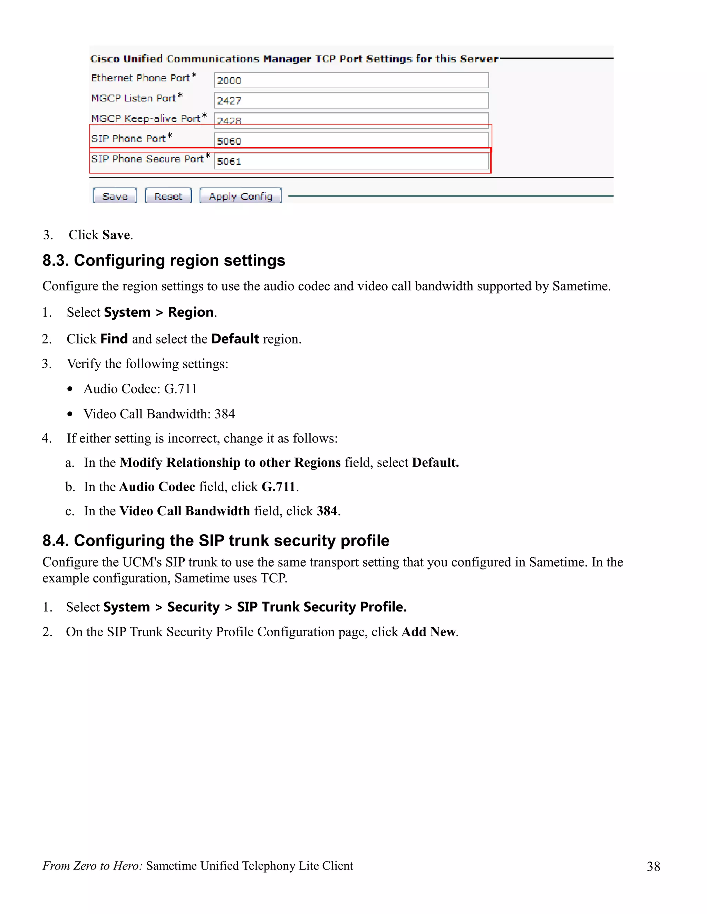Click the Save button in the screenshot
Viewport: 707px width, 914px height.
pyautogui.click(x=115, y=196)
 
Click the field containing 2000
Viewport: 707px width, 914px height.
pyautogui.click(x=351, y=80)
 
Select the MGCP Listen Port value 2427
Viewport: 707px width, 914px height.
pyautogui.click(x=351, y=100)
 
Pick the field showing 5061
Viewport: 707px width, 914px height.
pyautogui.click(x=351, y=161)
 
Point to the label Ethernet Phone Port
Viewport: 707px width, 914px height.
pyautogui.click(x=141, y=78)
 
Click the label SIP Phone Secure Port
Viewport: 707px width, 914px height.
pyautogui.click(x=147, y=159)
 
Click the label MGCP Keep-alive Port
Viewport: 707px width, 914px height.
pyautogui.click(x=146, y=118)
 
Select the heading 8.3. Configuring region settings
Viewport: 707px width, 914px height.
pyautogui.click(x=164, y=261)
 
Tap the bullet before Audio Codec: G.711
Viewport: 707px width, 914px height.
pyautogui.click(x=70, y=389)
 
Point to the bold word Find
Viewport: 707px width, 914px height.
pyautogui.click(x=114, y=339)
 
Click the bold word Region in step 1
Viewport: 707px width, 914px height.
pyautogui.click(x=191, y=312)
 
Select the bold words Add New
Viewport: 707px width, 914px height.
pyautogui.click(x=428, y=632)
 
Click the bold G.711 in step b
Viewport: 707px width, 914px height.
pyautogui.click(x=278, y=487)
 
